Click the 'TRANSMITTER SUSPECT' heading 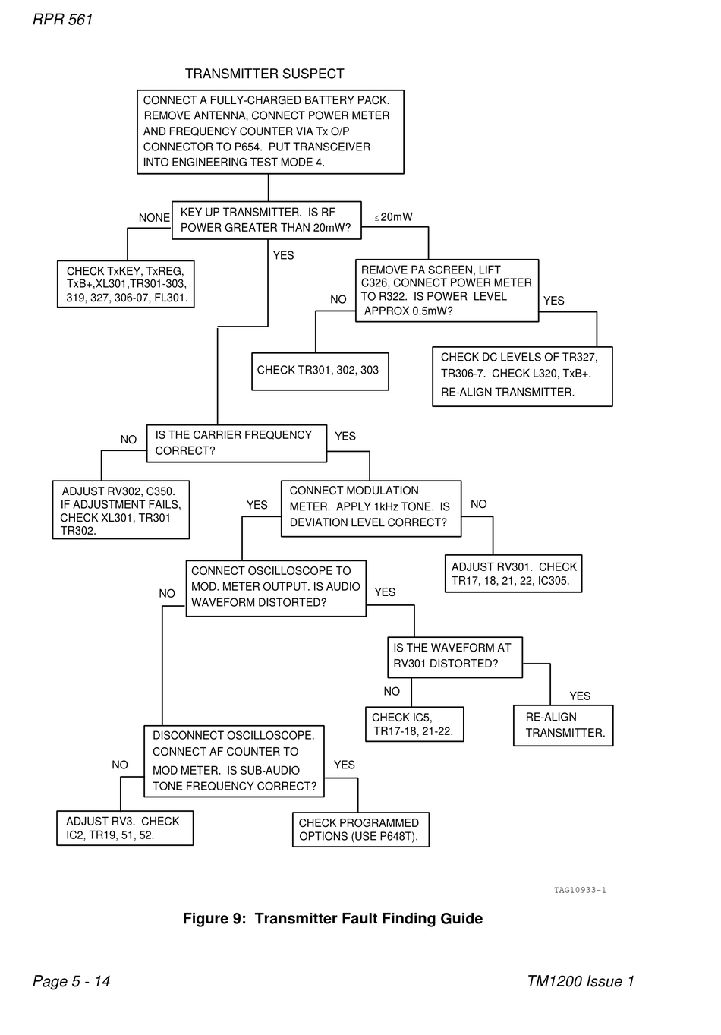[264, 74]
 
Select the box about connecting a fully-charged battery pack [270, 131]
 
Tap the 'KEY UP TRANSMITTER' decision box [266, 220]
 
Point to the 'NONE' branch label [154, 218]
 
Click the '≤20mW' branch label [394, 217]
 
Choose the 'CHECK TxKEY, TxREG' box [126, 284]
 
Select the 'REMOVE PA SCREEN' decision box [447, 290]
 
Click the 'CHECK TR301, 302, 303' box [320, 371]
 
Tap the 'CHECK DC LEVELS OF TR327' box [522, 376]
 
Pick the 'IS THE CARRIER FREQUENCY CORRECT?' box [237, 443]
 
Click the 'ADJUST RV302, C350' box [121, 510]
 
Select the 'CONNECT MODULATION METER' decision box [371, 508]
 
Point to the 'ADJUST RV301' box [513, 573]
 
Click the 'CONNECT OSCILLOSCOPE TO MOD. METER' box [275, 588]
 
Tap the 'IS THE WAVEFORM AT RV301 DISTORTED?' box [455, 657]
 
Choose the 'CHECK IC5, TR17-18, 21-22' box [414, 724]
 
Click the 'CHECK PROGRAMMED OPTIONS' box [360, 829]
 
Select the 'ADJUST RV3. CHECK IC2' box [124, 828]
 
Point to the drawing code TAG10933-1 [580, 890]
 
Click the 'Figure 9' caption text [332, 918]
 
